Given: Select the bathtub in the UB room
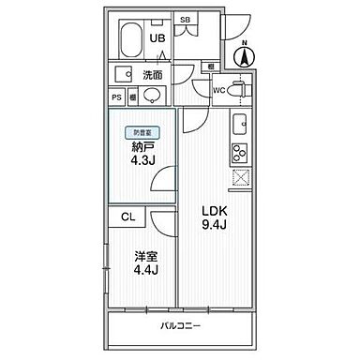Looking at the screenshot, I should click(x=130, y=42).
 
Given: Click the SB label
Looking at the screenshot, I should click(x=186, y=20).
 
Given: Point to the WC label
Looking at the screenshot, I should click(x=218, y=90).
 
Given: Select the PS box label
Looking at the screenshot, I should click(x=117, y=96).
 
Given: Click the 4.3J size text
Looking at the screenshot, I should click(x=142, y=159).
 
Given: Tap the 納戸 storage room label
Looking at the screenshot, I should click(x=142, y=146).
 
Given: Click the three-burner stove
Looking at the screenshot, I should click(x=238, y=154).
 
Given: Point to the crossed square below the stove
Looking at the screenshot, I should click(x=238, y=178).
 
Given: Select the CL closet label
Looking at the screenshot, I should click(x=127, y=216).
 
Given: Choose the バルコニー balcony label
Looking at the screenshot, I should click(x=184, y=325).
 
